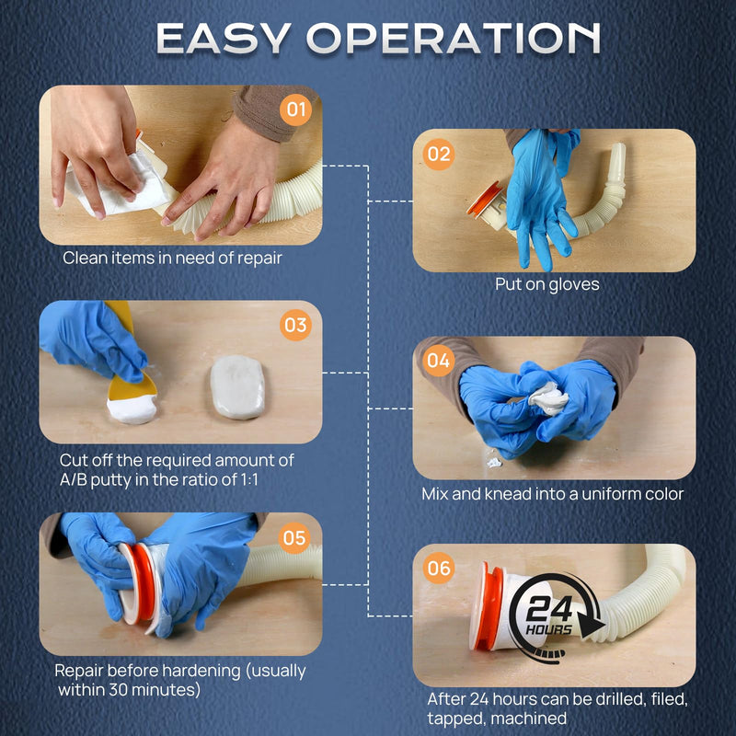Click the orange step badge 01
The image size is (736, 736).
point(295,109)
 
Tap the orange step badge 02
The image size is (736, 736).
point(439,155)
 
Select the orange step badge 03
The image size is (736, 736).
point(295,325)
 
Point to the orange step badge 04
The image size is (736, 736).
point(439,361)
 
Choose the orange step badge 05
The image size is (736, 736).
point(294,538)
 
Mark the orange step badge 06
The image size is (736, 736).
point(439,568)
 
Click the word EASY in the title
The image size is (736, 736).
point(223,39)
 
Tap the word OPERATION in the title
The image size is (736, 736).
point(454,39)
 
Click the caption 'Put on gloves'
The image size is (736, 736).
point(547,284)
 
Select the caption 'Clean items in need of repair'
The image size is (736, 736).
point(172,258)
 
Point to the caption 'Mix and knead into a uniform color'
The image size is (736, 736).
point(553,494)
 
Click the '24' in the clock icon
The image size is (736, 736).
point(549,609)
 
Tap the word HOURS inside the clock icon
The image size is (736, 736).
point(548,629)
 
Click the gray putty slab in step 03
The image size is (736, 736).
point(237,386)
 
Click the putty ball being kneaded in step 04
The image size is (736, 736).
point(548,398)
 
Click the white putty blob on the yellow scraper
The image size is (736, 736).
point(132,408)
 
